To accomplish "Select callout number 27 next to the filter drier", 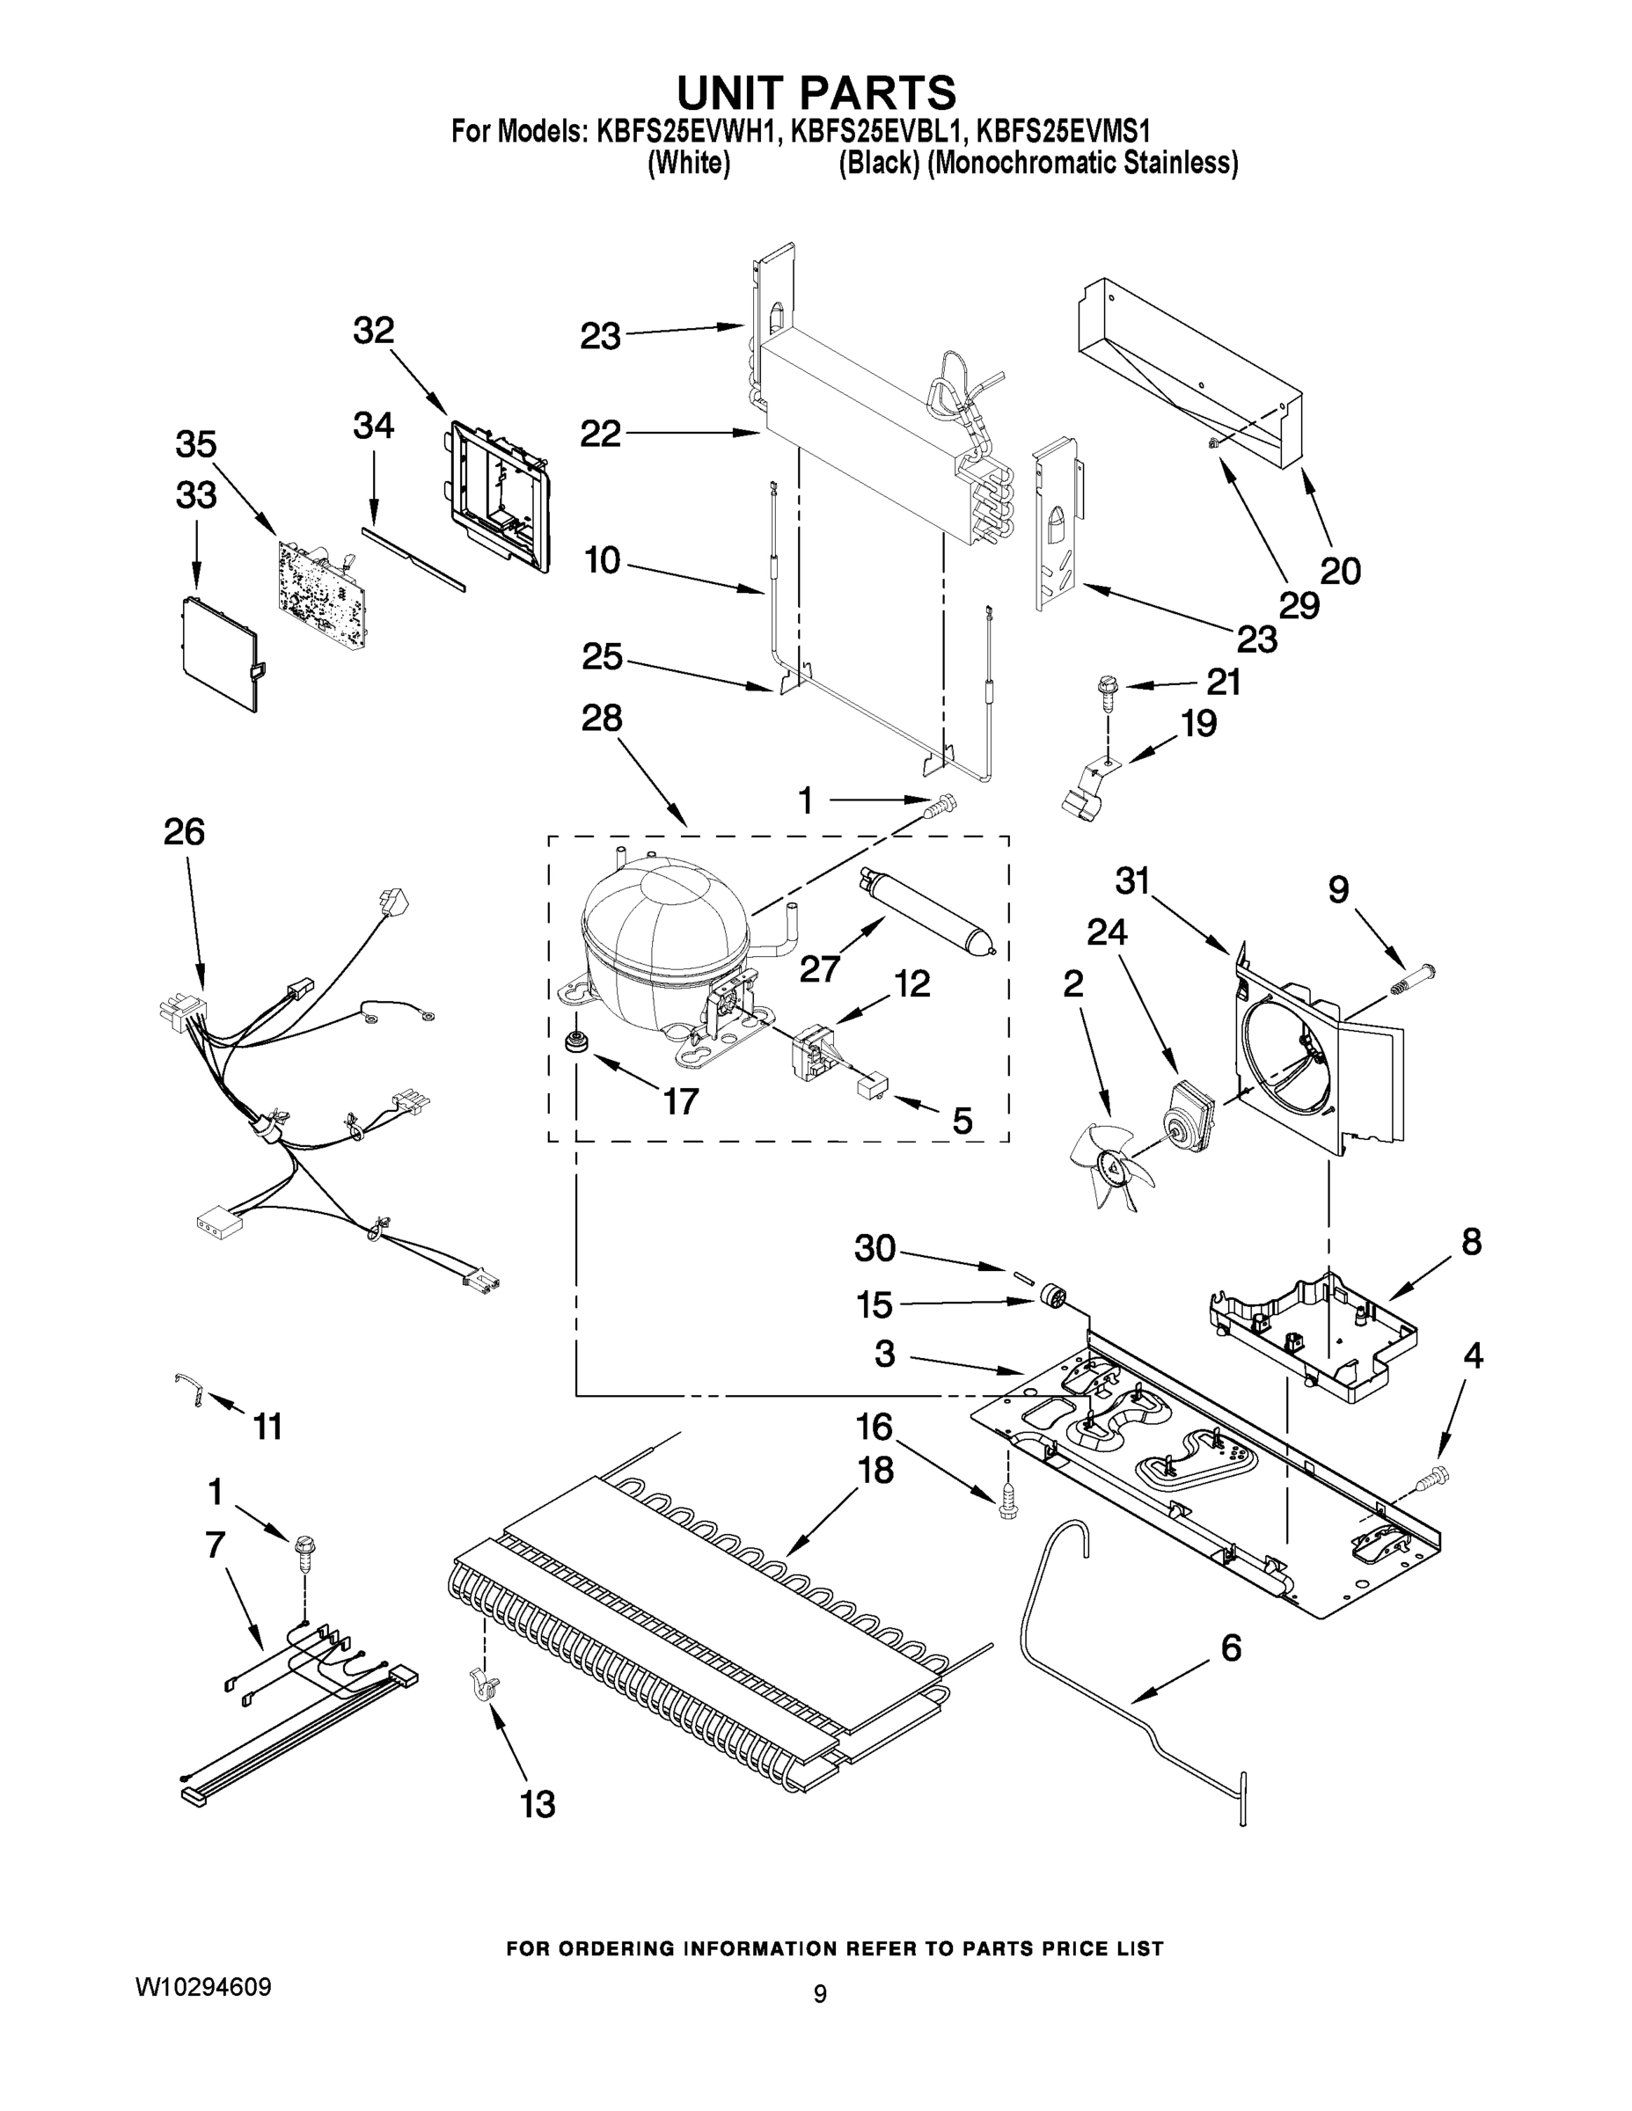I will [x=820, y=968].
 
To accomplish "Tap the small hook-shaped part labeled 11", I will [x=190, y=1388].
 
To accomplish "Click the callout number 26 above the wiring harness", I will [x=184, y=831].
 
